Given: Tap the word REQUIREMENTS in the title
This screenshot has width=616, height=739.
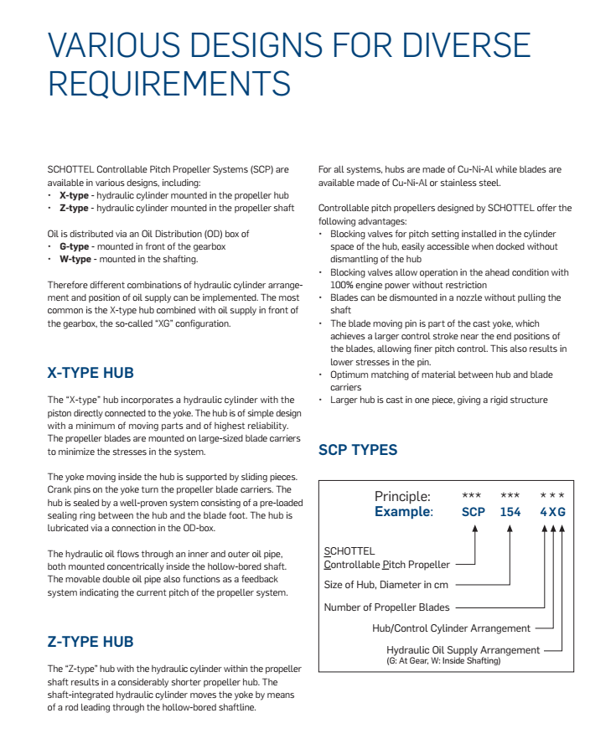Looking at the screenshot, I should point(169,84).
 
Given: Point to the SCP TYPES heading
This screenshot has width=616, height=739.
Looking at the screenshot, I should point(358,450).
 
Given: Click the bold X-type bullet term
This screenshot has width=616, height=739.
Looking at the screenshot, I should point(74,194).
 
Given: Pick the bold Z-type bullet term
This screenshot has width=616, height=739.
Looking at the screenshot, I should point(74,207).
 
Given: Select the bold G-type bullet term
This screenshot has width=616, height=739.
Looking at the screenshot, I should point(74,246).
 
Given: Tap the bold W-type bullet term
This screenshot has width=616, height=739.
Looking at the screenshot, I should point(75,259).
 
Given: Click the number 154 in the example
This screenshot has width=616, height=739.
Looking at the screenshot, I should point(510,512).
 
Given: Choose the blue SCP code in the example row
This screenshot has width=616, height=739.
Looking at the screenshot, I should point(474,512).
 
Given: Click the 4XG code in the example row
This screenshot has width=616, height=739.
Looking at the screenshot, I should point(552,512).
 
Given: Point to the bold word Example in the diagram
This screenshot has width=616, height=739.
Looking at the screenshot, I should point(403,512).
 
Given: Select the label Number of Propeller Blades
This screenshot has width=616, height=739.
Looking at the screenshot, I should point(386,607).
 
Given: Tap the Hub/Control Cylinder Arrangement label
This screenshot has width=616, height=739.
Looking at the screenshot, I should point(451,628).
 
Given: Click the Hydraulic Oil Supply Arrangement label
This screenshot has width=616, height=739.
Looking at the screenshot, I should point(463,649).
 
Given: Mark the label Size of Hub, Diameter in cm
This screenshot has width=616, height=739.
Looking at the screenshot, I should point(384,585).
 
